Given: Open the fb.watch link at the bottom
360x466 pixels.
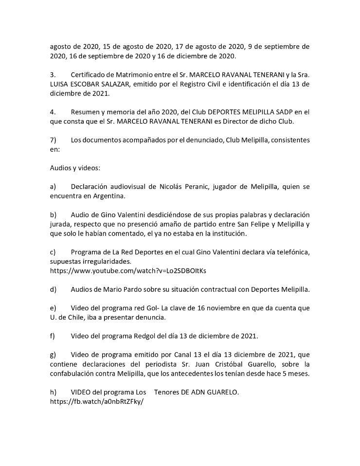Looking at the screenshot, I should [97, 402].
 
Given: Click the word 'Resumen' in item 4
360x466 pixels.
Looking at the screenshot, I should [86, 112].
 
